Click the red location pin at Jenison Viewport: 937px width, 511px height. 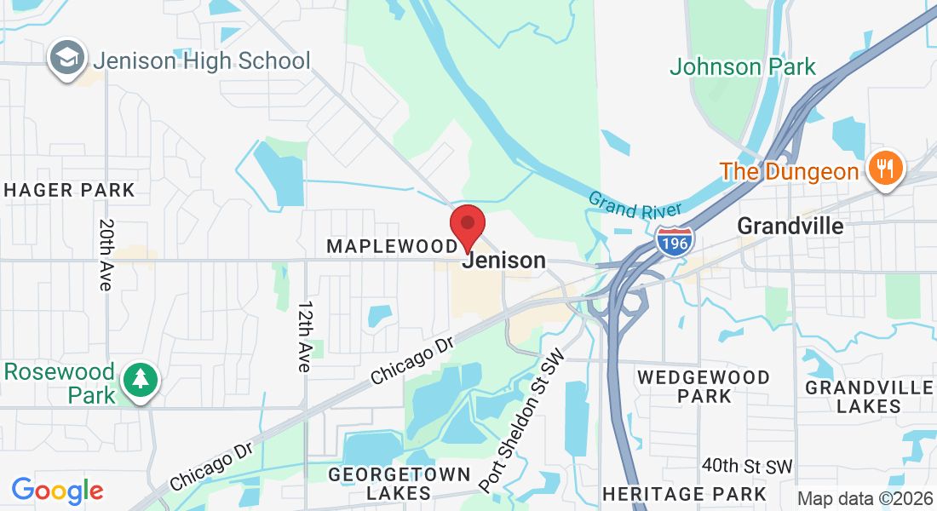pyautogui.click(x=468, y=226)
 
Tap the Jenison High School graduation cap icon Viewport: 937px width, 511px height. pyautogui.click(x=66, y=59)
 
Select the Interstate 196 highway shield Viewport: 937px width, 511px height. pyautogui.click(x=675, y=241)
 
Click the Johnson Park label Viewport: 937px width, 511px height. pyautogui.click(x=742, y=66)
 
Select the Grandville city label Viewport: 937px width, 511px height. pyautogui.click(x=790, y=226)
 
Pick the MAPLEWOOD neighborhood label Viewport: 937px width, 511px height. pyautogui.click(x=392, y=247)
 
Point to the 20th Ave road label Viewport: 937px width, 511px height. pyautogui.click(x=106, y=255)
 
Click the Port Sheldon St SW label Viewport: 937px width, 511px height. pyautogui.click(x=521, y=421)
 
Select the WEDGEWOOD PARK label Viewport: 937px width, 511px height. pyautogui.click(x=704, y=386)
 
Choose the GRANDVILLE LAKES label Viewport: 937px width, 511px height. pyautogui.click(x=869, y=396)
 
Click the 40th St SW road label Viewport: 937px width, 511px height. pyautogui.click(x=747, y=466)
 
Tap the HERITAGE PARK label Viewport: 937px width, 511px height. pyautogui.click(x=684, y=493)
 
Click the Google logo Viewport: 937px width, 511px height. pyautogui.click(x=57, y=491)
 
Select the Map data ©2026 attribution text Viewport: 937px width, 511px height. pyautogui.click(x=865, y=499)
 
